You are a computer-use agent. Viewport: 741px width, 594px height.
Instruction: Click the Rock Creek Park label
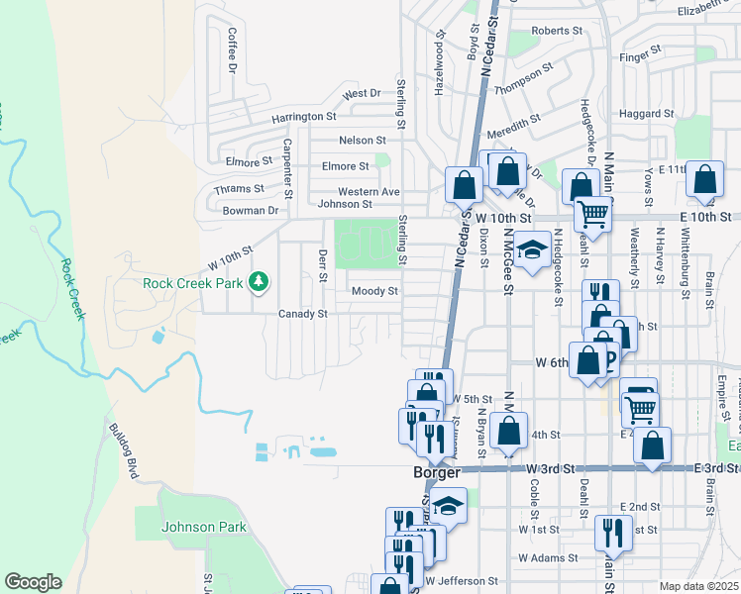[192, 283]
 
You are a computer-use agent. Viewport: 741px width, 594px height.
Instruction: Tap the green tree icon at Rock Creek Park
[259, 283]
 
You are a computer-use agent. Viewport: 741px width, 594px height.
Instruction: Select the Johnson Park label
[204, 528]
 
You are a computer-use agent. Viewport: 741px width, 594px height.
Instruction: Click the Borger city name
[437, 473]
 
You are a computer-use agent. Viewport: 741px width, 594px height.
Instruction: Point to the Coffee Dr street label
[232, 49]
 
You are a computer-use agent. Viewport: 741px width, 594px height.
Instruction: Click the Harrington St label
[304, 117]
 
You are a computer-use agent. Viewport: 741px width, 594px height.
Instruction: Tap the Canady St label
[302, 314]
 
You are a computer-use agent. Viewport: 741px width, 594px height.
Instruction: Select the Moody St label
[374, 291]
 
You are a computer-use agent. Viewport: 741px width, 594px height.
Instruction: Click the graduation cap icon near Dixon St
[532, 250]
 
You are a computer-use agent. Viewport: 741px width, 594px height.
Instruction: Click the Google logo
[33, 582]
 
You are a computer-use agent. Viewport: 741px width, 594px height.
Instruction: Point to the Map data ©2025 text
[697, 586]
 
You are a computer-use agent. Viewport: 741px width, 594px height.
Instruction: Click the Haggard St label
[646, 114]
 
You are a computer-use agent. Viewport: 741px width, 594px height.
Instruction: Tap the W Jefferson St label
[461, 580]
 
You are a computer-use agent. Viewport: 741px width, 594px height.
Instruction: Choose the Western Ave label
[369, 191]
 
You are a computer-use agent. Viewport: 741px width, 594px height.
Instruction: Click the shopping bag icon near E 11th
[704, 181]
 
